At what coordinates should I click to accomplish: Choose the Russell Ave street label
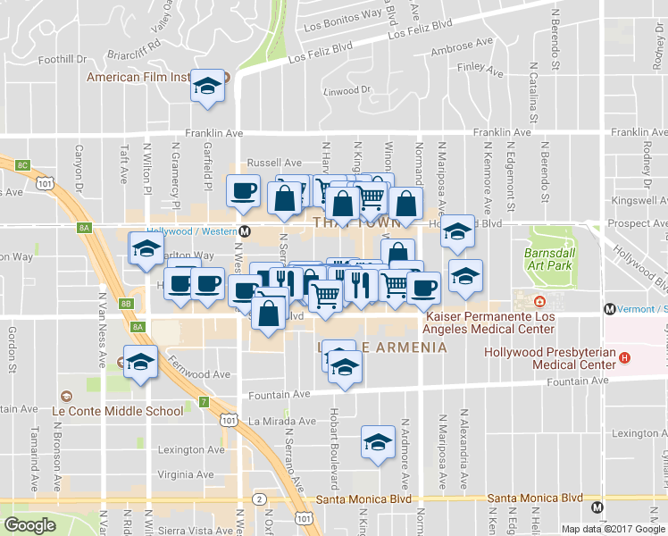tap(269, 163)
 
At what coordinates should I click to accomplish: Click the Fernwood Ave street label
tap(202, 375)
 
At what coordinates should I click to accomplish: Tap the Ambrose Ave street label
tap(462, 43)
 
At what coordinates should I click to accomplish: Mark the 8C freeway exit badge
tap(22, 165)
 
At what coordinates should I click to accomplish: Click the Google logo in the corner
tap(29, 525)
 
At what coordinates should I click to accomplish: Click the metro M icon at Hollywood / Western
tap(246, 230)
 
